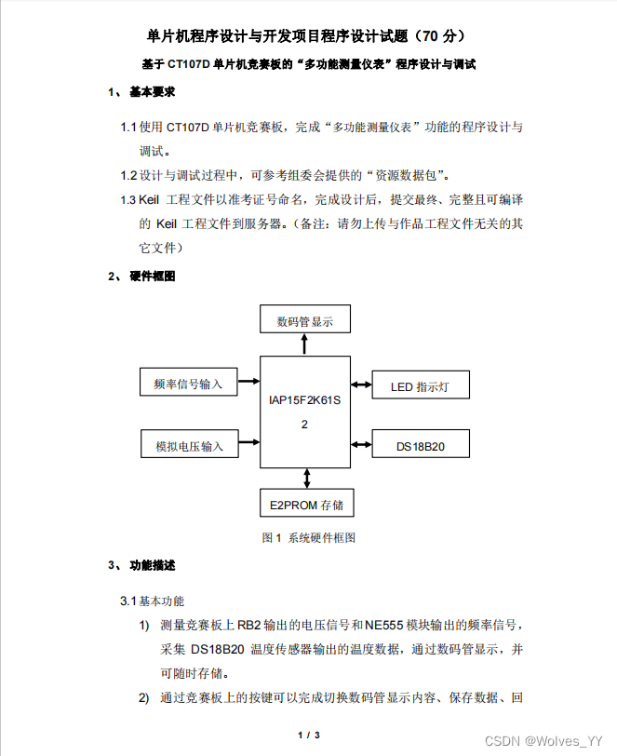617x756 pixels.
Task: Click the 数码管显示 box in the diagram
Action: coord(305,321)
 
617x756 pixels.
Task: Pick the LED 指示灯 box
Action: coord(420,385)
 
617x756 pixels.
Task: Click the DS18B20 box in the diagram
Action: coord(420,445)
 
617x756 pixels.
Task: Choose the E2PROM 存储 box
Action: coord(306,505)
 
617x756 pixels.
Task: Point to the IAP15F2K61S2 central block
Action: coord(304,411)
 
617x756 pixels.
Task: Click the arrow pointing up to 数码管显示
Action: coord(304,344)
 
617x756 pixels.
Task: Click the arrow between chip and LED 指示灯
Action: coord(361,385)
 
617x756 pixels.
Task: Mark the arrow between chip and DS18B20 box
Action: coord(361,445)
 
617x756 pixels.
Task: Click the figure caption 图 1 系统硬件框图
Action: coord(308,537)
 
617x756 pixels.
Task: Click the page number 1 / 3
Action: coord(309,736)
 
